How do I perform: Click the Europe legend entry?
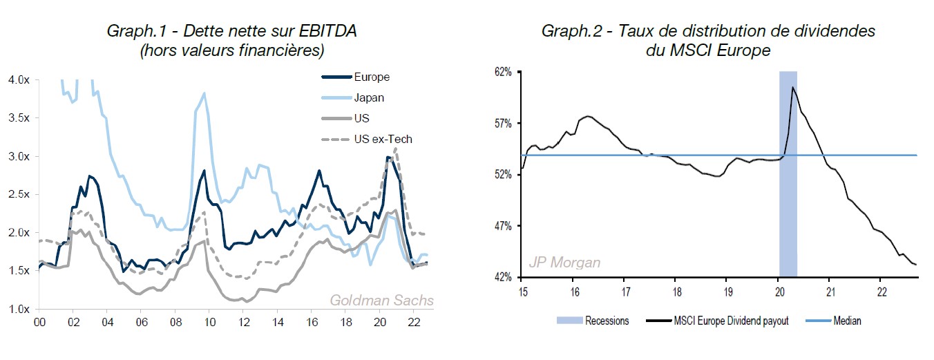click(x=372, y=77)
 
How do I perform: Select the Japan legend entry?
click(x=368, y=97)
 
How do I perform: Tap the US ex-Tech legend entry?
click(x=382, y=139)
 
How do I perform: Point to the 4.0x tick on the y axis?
click(x=19, y=79)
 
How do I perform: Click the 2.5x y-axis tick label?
click(x=19, y=194)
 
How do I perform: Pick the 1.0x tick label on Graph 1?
click(x=19, y=309)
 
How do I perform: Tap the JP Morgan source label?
click(x=564, y=263)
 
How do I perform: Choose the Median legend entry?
click(x=847, y=321)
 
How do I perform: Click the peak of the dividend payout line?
click(x=793, y=87)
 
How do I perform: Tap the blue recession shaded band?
click(x=788, y=207)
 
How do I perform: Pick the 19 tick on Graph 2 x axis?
click(x=726, y=290)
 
